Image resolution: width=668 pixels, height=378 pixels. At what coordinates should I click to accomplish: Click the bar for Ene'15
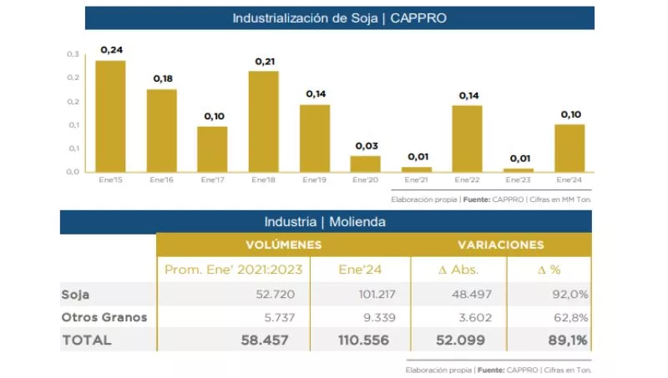(110, 116)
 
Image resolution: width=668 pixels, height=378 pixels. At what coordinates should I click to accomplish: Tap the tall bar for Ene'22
(468, 139)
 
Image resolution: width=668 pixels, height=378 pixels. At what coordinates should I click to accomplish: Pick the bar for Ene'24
(569, 148)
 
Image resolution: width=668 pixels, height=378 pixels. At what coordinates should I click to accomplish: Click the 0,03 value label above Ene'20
(367, 146)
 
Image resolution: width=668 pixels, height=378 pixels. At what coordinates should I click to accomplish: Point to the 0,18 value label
(162, 78)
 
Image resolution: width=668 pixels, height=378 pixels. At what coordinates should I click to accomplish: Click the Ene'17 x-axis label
(212, 179)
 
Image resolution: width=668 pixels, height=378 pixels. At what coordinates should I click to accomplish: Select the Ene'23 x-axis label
(519, 179)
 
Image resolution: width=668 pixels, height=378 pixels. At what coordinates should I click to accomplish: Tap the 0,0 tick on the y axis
(73, 172)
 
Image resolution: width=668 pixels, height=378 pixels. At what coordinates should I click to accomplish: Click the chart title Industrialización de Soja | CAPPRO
(339, 18)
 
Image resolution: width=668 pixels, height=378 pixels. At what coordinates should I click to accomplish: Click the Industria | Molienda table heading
(325, 222)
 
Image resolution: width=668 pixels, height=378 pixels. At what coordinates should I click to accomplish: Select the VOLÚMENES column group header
(283, 245)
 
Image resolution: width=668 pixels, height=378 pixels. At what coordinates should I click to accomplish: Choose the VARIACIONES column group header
(500, 245)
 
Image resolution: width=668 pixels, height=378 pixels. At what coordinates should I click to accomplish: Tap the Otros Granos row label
(104, 317)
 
